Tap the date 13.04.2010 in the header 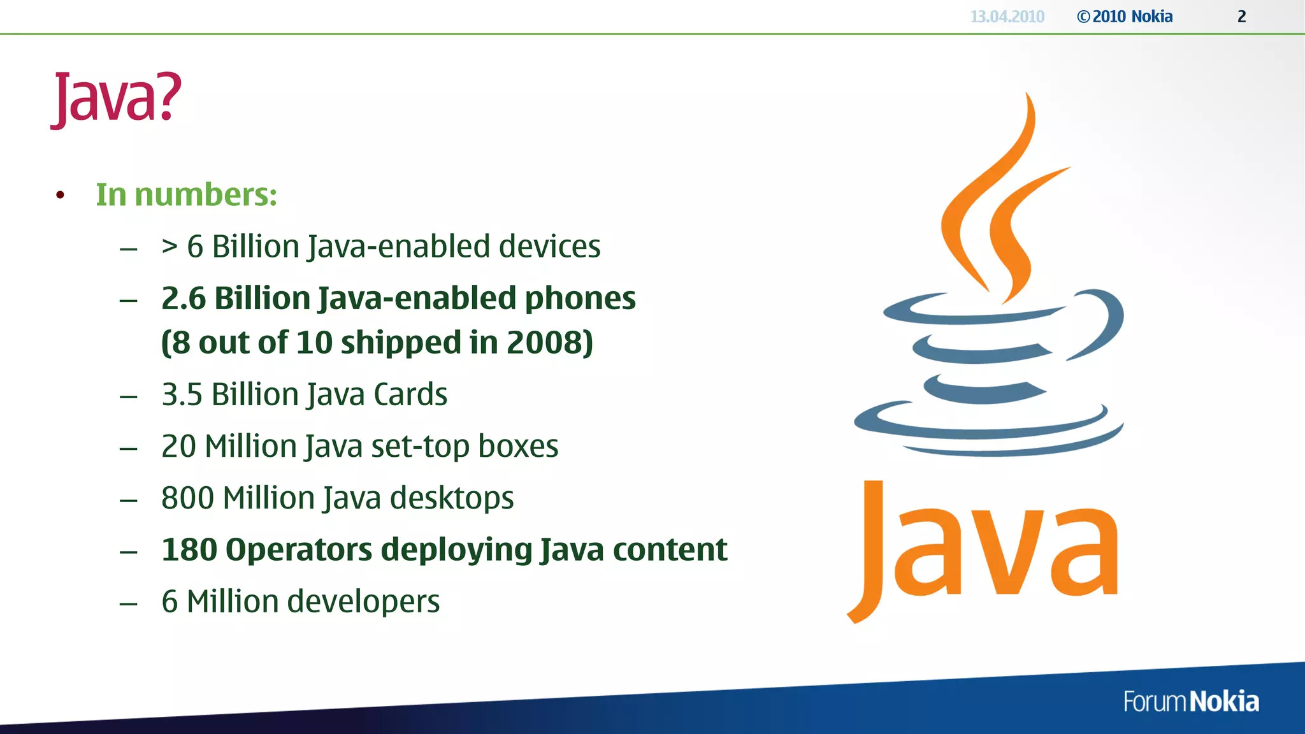(x=1007, y=17)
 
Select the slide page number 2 (x=1241, y=17)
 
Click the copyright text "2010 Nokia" (x=1132, y=17)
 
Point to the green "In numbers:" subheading (x=186, y=194)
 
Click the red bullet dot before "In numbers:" (x=60, y=195)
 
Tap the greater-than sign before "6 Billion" (x=169, y=246)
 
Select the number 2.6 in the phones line (x=184, y=298)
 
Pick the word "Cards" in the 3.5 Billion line (x=410, y=394)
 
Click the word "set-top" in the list (x=420, y=446)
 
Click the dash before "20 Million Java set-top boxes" (x=129, y=449)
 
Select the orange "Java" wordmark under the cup (x=984, y=551)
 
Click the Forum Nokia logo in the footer (x=1190, y=702)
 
